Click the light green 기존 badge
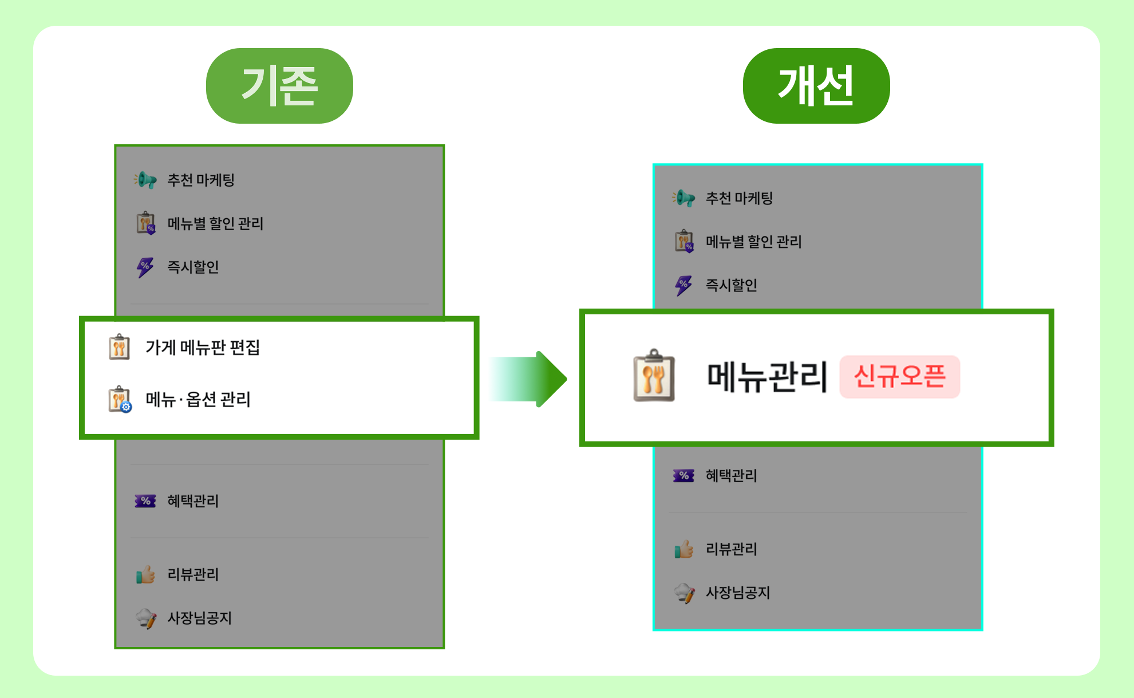[x=279, y=86]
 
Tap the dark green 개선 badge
[x=816, y=86]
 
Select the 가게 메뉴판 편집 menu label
[x=203, y=348]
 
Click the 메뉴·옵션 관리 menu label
[x=198, y=399]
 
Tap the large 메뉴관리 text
[x=767, y=377]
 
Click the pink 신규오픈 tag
[x=900, y=377]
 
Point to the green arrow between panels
[x=528, y=379]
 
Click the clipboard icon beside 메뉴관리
[x=654, y=376]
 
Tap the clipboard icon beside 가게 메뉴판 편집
[x=119, y=347]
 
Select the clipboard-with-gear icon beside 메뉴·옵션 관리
[x=120, y=399]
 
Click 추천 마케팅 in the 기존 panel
[x=201, y=180]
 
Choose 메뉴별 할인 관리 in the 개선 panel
[x=753, y=242]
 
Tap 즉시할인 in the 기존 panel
[x=193, y=267]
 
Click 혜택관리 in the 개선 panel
[x=732, y=475]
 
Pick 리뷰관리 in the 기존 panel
[x=193, y=574]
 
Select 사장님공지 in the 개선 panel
[x=738, y=593]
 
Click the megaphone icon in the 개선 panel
[x=684, y=198]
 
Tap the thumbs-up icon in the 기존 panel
[x=145, y=574]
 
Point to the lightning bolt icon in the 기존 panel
[x=145, y=267]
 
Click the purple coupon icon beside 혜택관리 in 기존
[x=145, y=501]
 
